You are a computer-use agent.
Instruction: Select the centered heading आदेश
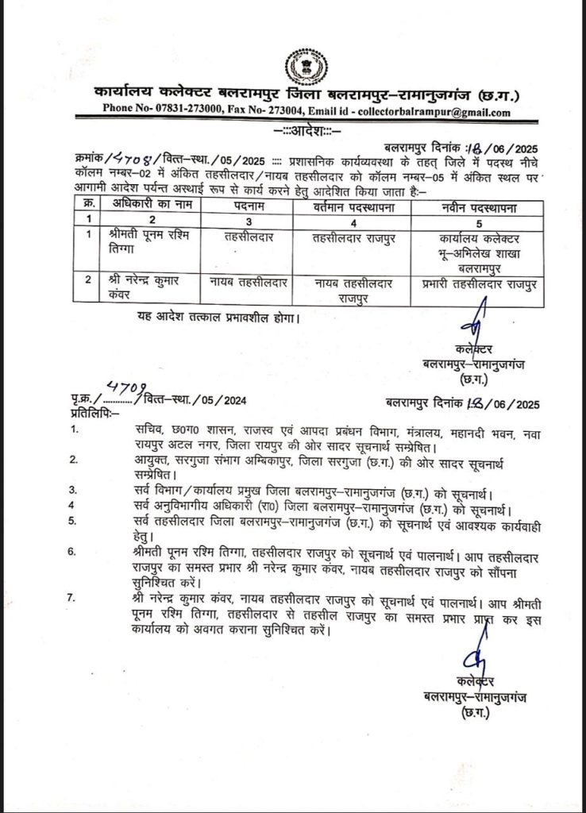[293, 129]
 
